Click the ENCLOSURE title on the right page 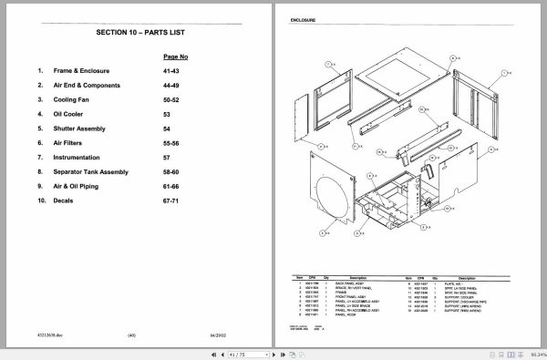point(303,18)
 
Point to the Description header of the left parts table point(356,278)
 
